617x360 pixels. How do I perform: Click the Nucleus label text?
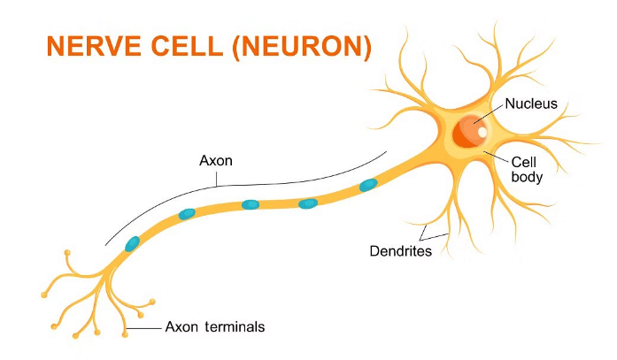coord(531,104)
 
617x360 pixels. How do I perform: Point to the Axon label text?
coord(215,162)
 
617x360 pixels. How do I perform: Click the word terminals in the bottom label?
coord(233,326)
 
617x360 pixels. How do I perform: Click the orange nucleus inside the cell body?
coord(467,133)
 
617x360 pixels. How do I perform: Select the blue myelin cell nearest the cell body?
coord(367,185)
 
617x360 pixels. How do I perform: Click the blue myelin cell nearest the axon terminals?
coord(132,243)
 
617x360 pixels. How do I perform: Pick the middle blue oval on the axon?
coord(251,204)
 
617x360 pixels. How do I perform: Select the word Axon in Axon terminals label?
coord(181,326)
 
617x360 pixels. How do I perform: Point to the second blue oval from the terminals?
coord(187,214)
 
